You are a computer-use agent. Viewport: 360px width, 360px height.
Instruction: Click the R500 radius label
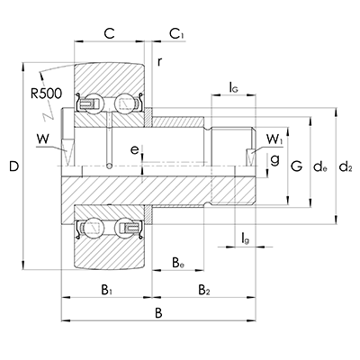[46, 94]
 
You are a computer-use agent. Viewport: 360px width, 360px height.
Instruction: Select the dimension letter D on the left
[13, 166]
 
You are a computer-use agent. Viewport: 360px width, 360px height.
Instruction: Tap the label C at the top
[109, 33]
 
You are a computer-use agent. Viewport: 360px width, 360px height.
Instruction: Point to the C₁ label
[177, 33]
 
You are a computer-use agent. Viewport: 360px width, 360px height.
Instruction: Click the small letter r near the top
[160, 61]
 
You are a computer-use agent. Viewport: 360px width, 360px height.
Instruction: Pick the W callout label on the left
[43, 139]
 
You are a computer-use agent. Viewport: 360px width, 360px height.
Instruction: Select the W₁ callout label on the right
[274, 139]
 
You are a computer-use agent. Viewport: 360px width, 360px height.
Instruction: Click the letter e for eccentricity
[135, 150]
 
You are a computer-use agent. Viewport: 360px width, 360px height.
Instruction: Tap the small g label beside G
[274, 159]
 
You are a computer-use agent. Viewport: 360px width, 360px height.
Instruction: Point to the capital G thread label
[297, 166]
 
